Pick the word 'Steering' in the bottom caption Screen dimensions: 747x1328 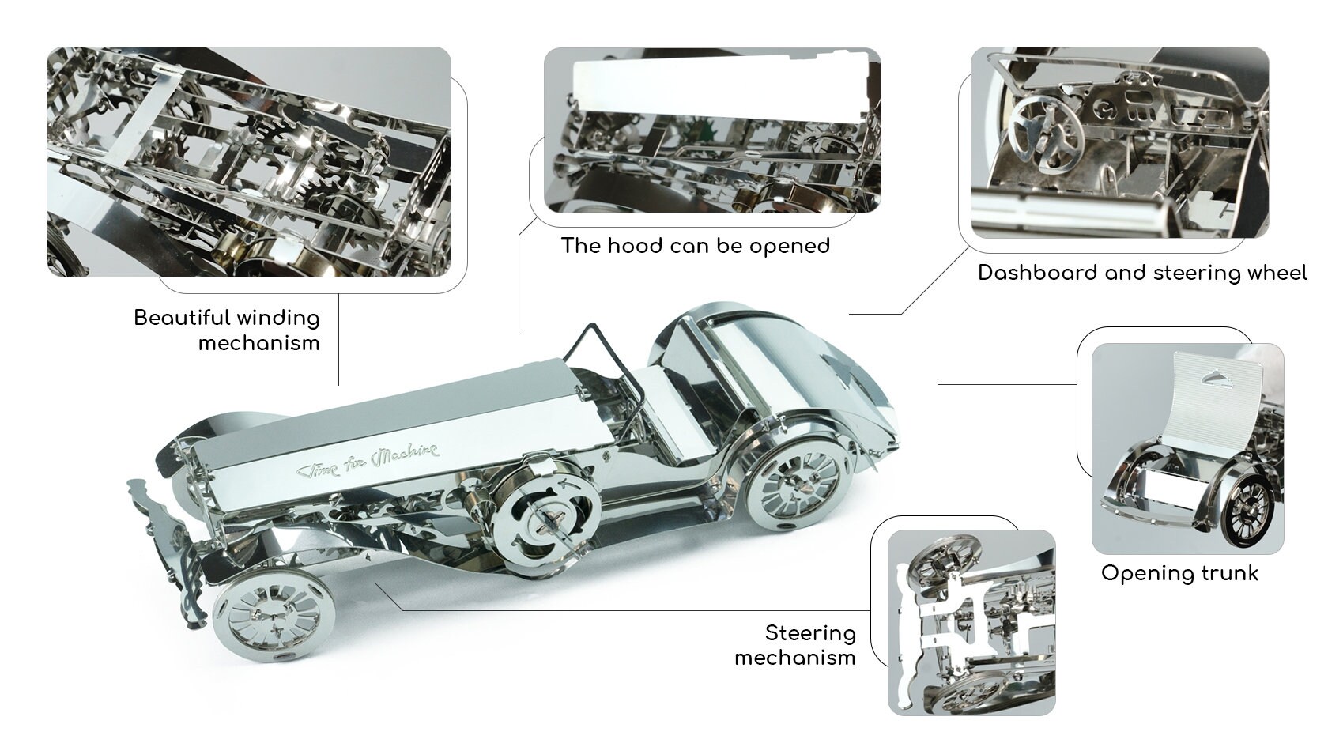point(810,634)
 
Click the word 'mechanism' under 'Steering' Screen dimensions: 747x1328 point(794,658)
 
